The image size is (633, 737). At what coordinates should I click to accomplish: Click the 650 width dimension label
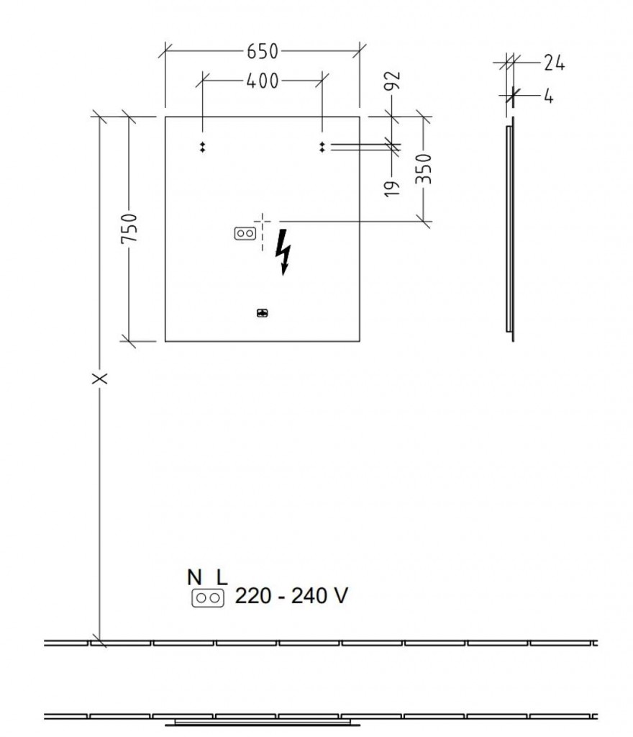click(x=263, y=51)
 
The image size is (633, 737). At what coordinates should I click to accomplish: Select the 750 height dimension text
click(x=129, y=229)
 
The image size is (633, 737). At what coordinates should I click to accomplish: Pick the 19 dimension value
click(x=393, y=188)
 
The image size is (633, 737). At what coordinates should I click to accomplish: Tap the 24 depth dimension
click(x=553, y=63)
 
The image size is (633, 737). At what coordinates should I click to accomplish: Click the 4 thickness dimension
click(x=548, y=94)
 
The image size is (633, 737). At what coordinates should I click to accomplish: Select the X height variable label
click(x=100, y=378)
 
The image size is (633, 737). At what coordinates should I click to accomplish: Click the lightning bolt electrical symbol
click(x=285, y=251)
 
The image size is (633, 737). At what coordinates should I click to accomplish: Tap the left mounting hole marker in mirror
click(x=203, y=147)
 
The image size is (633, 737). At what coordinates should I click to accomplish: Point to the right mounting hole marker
click(x=322, y=147)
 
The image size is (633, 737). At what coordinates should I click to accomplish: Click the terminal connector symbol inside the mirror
click(x=245, y=233)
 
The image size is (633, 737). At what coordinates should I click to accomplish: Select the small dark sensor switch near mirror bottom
click(x=262, y=312)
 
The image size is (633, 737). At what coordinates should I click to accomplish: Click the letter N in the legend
click(x=194, y=577)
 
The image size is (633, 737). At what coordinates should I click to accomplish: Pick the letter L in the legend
click(x=221, y=577)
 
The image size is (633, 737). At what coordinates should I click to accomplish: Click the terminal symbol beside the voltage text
click(x=207, y=597)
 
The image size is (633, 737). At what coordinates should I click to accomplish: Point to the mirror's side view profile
click(x=510, y=230)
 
